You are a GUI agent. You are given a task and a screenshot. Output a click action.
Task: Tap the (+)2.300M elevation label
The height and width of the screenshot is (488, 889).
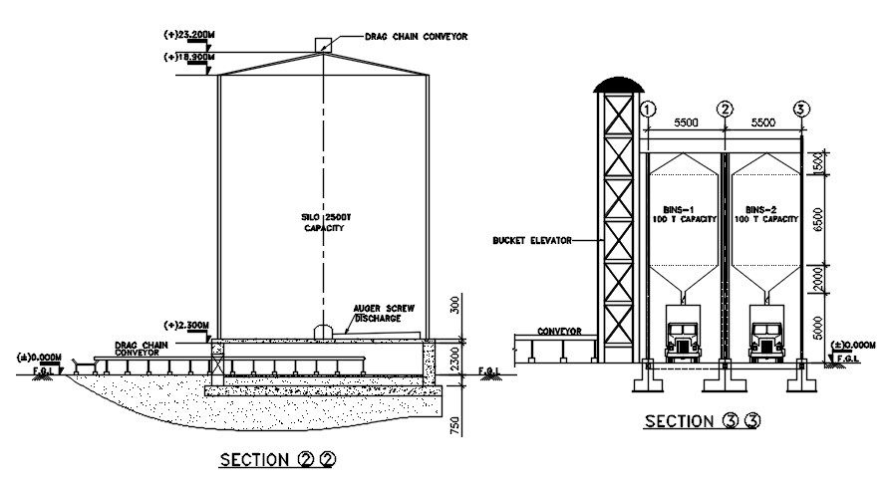click(x=186, y=326)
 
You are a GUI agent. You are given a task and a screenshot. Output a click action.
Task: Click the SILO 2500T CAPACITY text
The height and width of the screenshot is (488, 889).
click(x=323, y=222)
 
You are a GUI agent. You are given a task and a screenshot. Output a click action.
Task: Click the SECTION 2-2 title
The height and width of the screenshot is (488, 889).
click(x=276, y=460)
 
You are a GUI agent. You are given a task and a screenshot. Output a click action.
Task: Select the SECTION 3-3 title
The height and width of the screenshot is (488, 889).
click(x=702, y=421)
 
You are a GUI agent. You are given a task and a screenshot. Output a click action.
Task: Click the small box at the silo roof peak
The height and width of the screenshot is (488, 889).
click(x=323, y=45)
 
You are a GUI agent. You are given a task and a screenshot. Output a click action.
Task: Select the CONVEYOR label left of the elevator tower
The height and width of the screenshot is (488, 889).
click(x=559, y=331)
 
